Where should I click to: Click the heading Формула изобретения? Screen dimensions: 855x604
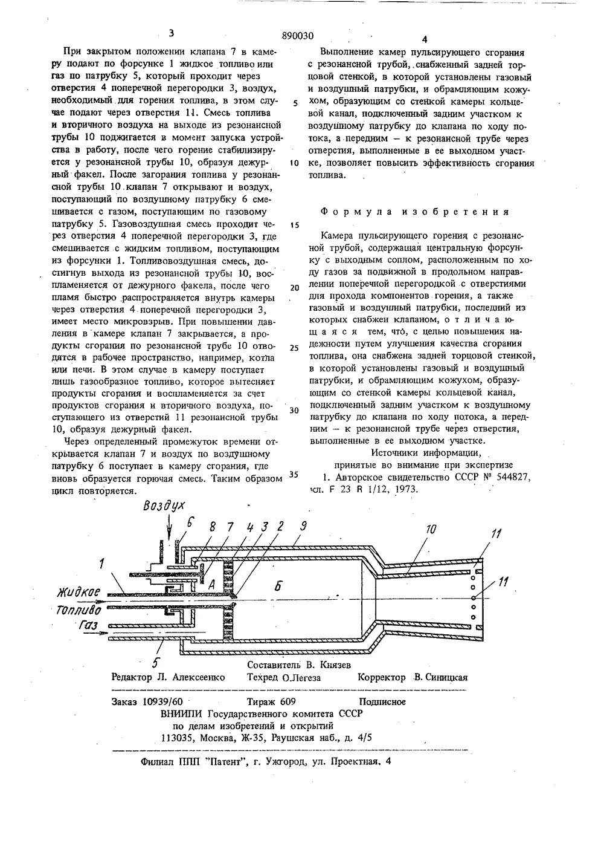pyautogui.click(x=414, y=212)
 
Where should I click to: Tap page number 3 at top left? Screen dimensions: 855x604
pyautogui.click(x=172, y=34)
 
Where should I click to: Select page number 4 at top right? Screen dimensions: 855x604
pyautogui.click(x=425, y=39)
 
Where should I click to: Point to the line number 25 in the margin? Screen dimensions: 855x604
pyautogui.click(x=294, y=348)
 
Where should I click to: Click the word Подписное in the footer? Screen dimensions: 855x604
pyautogui.click(x=382, y=701)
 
